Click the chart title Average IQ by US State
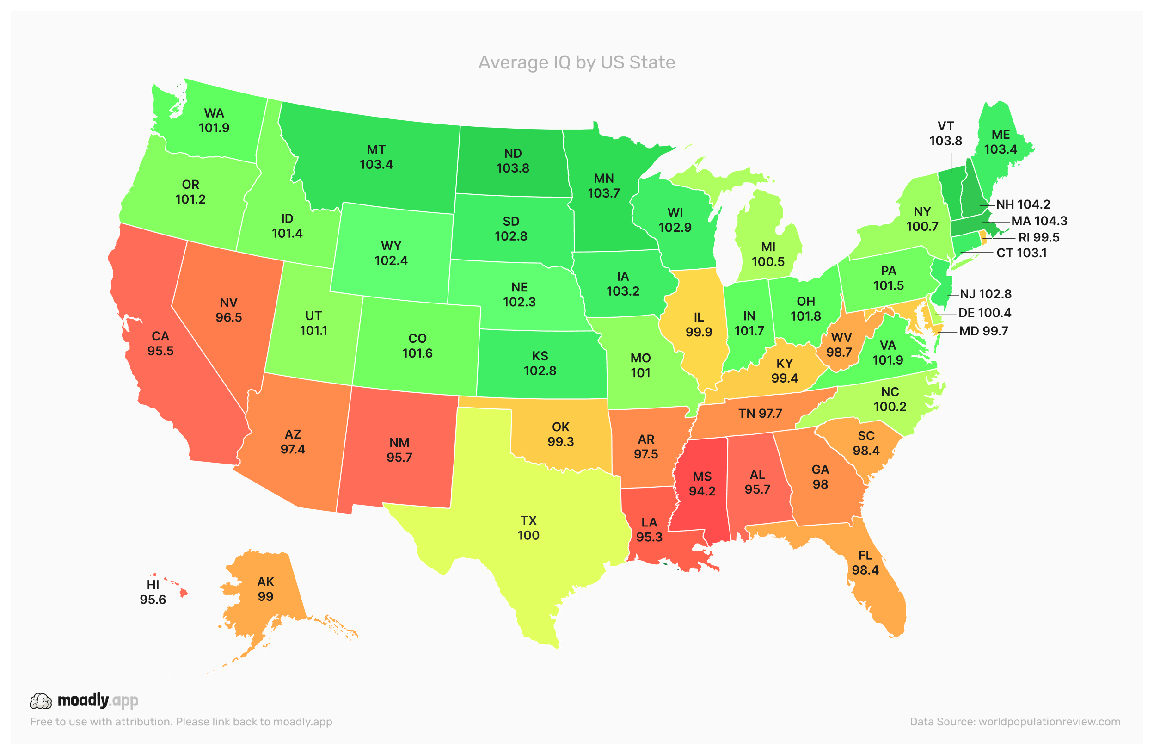click(x=577, y=62)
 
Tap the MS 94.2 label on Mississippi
click(x=702, y=484)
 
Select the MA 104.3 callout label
click(x=1039, y=221)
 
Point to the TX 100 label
click(x=528, y=528)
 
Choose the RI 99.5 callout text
click(x=1038, y=238)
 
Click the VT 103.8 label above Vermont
click(x=945, y=133)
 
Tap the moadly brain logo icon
click(x=41, y=701)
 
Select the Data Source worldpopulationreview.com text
click(x=1015, y=722)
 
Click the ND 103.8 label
click(x=513, y=161)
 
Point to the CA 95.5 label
click(x=160, y=344)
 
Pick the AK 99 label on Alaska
click(x=265, y=589)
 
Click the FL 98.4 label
click(x=865, y=563)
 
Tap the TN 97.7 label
click(x=760, y=414)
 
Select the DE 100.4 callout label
click(x=984, y=313)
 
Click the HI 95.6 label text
click(x=153, y=593)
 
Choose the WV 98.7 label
click(x=841, y=345)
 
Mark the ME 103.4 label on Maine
click(x=1001, y=142)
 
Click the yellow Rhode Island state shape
click(x=983, y=238)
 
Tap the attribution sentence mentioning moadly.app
click(x=181, y=722)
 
